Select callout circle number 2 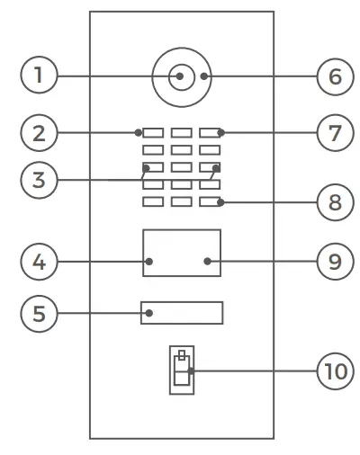[39, 133]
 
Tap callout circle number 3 [39, 180]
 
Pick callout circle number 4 [39, 263]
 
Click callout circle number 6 [335, 76]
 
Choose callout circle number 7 [335, 133]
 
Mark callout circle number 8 [335, 201]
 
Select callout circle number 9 [335, 263]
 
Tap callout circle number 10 [335, 370]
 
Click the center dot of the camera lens [181, 76]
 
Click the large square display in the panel [181, 252]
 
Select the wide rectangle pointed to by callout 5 [181, 313]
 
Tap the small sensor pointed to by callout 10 [182, 369]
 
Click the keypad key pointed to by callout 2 [152, 133]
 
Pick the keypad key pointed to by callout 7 [211, 133]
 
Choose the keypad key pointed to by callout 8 [211, 201]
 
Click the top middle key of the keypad [181, 133]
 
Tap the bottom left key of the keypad [152, 201]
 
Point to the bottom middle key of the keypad [181, 201]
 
